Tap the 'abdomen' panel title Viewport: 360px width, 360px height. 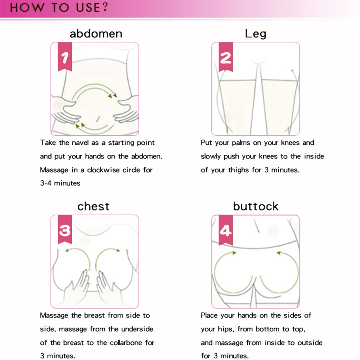(96, 34)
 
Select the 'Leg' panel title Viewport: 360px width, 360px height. (255, 34)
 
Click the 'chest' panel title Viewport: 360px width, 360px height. (94, 206)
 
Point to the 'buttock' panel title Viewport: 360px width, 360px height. (256, 206)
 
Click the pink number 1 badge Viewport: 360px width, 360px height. (65, 58)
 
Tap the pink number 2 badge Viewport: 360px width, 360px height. (226, 58)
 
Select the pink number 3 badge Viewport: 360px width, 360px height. (65, 230)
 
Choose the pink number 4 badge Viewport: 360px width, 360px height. (226, 230)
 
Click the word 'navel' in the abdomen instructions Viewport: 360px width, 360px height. (80, 143)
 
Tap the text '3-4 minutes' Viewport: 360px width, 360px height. (60, 183)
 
